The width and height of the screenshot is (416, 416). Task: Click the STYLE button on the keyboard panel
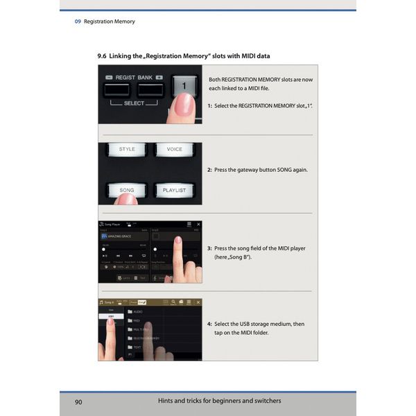point(127,150)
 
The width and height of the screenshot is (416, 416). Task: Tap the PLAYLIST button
point(173,189)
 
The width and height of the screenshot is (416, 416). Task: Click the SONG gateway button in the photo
point(127,189)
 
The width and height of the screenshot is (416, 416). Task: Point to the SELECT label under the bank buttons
point(135,103)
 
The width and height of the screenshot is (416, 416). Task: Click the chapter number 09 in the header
point(78,21)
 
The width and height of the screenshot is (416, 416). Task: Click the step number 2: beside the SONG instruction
point(209,170)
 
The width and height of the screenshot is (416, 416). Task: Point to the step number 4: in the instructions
point(209,324)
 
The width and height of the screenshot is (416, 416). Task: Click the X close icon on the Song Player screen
point(198,225)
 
